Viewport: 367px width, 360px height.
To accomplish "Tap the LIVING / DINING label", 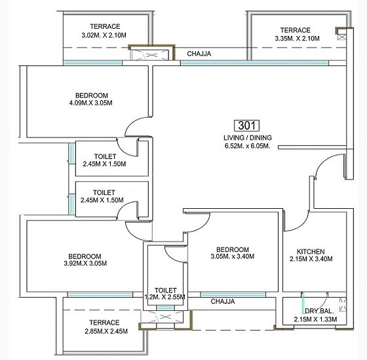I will [246, 138].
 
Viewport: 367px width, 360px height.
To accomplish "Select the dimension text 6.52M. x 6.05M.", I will [246, 147].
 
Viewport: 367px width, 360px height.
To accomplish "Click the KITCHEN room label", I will [310, 251].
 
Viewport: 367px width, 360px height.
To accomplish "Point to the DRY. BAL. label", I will [319, 311].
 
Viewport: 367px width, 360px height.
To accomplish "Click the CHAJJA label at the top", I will [199, 54].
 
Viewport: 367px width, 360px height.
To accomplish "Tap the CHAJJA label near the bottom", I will [223, 302].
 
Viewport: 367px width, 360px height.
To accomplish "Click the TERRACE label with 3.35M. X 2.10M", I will [295, 30].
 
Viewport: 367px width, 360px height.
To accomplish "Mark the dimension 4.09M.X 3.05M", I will [91, 103].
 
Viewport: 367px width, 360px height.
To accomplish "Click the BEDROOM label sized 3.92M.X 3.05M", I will [85, 256].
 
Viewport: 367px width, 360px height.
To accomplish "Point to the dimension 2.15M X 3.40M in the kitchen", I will [310, 260].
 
